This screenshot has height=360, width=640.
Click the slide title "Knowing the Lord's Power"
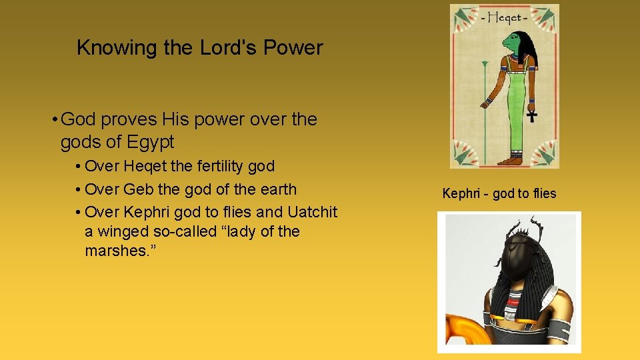click(x=199, y=48)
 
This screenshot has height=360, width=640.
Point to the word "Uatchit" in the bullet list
click(x=313, y=213)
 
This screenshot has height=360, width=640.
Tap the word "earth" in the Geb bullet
click(x=275, y=189)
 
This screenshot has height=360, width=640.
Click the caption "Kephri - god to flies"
click(x=499, y=194)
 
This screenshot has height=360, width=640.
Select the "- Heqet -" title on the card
click(x=504, y=18)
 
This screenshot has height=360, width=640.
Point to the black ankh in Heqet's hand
click(x=531, y=116)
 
